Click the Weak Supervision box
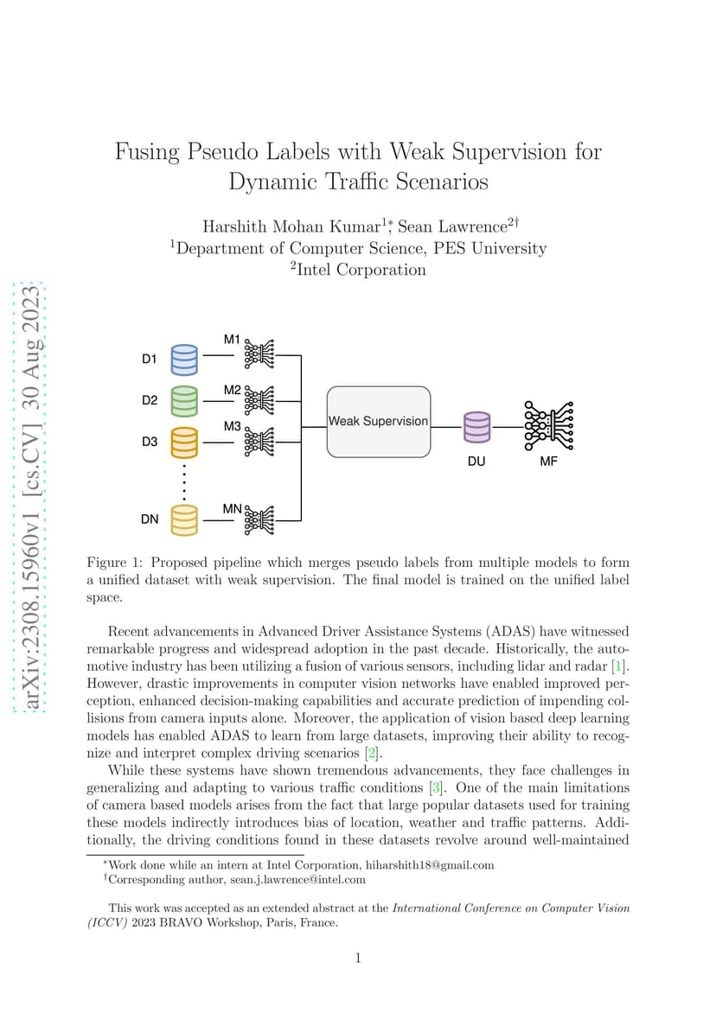pos(379,421)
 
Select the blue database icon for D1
pos(184,360)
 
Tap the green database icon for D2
pos(184,401)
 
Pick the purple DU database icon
pos(477,427)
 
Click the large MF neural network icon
pos(548,426)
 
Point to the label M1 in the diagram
pos(232,339)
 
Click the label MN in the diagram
pos(232,508)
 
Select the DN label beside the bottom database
pos(150,519)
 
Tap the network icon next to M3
pos(259,443)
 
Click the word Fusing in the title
pos(147,152)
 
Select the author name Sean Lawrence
pos(452,226)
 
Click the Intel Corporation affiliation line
pos(358,270)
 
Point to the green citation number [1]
pos(619,666)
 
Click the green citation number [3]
pos(437,787)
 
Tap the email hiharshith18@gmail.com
pos(430,865)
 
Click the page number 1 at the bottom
pos(358,958)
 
